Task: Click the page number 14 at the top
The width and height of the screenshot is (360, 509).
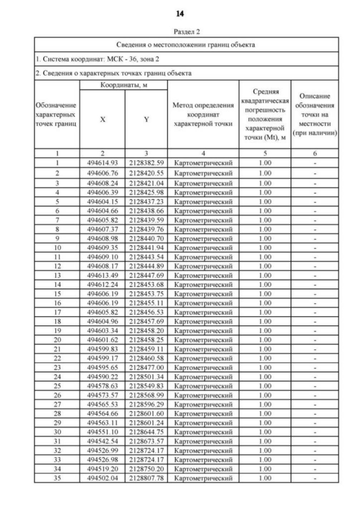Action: [x=179, y=13]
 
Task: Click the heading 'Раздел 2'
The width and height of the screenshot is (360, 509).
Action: [x=186, y=32]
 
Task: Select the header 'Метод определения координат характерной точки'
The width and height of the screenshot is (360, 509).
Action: [x=203, y=115]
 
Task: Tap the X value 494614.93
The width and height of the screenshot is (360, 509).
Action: [x=102, y=163]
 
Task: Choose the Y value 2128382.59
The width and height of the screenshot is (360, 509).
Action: [x=146, y=163]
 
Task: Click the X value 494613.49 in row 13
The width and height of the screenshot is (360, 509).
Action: [x=102, y=276]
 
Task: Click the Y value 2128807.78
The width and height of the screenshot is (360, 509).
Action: [x=146, y=478]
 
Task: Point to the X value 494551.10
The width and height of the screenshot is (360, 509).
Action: [x=102, y=431]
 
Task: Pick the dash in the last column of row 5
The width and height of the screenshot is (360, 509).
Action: [x=316, y=201]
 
